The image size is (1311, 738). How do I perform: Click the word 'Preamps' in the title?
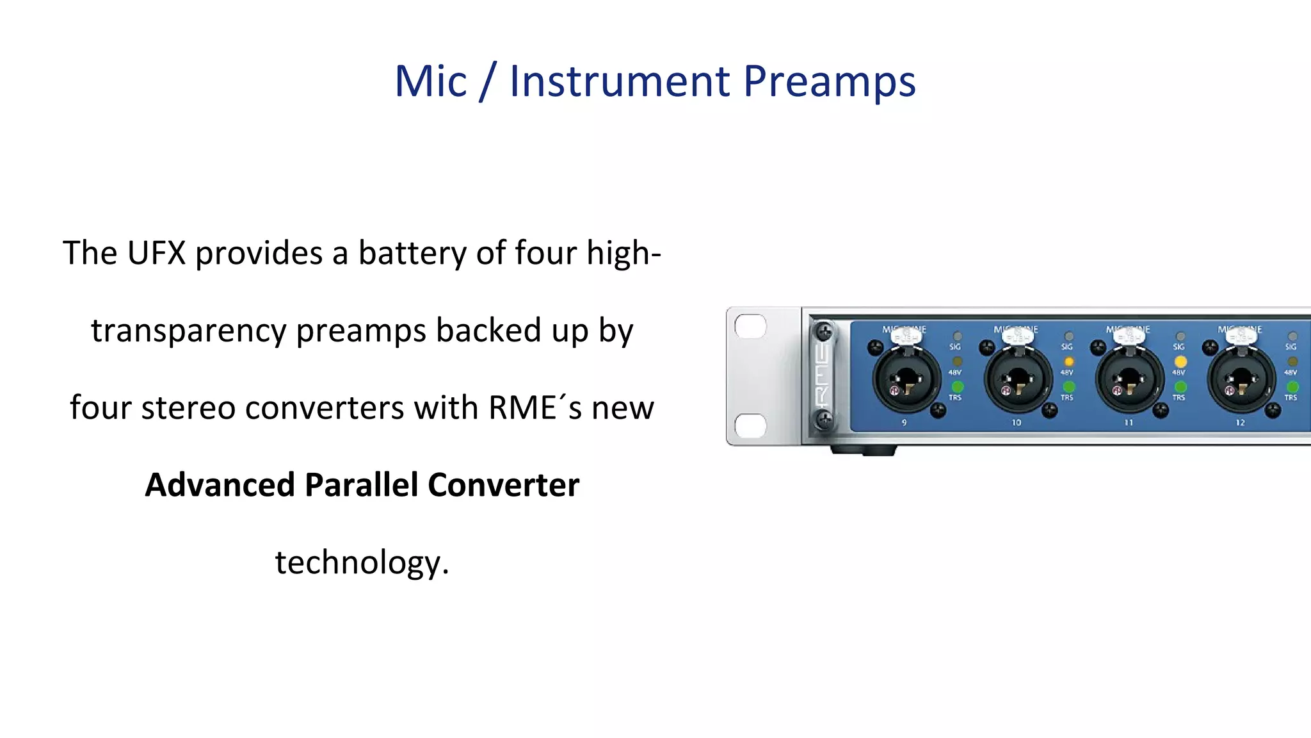coord(830,82)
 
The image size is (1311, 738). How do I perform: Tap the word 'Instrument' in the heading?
coord(619,82)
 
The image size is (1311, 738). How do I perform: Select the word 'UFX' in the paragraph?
coord(156,253)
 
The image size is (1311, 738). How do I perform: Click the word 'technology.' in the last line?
coord(362,562)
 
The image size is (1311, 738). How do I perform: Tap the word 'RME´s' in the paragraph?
coord(535,408)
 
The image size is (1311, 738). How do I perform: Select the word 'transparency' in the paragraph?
coord(188,331)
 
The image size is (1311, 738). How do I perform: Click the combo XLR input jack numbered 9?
coord(906,380)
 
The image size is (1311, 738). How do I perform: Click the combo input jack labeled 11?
coord(1129,380)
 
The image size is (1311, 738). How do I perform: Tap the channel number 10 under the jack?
coord(1016,423)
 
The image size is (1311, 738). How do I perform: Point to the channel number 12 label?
coord(1240,423)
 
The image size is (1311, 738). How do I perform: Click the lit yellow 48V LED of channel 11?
coord(1180,362)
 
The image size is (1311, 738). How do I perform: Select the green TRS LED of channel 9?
coord(957,387)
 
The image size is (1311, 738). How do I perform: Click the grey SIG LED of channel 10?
coord(1068,336)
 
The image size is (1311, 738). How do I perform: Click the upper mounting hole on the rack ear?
coord(750,327)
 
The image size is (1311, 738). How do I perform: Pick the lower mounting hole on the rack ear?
coord(750,425)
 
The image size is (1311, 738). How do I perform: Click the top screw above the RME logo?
coord(824,331)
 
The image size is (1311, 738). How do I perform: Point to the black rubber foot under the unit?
coord(863,450)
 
